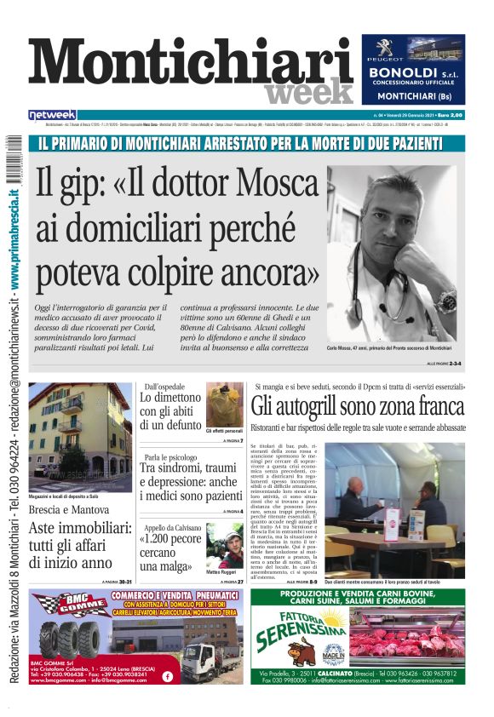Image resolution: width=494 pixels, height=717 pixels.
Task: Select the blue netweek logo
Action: [x=52, y=115]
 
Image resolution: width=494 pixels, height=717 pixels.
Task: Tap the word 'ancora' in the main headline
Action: [x=261, y=272]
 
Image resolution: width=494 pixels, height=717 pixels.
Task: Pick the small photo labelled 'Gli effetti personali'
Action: [x=224, y=404]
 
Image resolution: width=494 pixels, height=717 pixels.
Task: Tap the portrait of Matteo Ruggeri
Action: [x=225, y=545]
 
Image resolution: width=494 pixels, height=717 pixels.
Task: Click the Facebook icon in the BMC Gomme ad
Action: [x=167, y=677]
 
